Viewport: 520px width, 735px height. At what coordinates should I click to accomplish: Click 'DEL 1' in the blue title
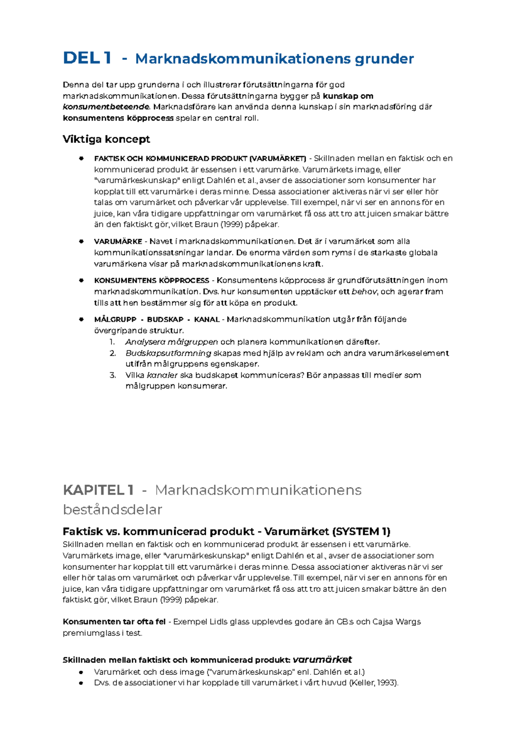[x=87, y=58]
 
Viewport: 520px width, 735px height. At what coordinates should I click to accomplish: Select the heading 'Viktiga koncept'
[x=106, y=139]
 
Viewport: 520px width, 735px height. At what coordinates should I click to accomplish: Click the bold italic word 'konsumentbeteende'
[x=106, y=107]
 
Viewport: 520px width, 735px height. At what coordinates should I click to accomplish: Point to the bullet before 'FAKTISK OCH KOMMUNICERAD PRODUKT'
[x=81, y=158]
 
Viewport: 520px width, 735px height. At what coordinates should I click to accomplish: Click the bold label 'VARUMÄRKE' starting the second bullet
[x=118, y=242]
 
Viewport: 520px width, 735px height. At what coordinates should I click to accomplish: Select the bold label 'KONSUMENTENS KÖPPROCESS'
[x=151, y=281]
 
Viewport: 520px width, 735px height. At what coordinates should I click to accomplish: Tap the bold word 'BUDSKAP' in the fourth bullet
[x=165, y=319]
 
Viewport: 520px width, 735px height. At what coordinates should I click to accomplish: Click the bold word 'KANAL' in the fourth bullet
[x=207, y=319]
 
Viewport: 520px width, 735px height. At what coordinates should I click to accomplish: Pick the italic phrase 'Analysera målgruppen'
[x=171, y=342]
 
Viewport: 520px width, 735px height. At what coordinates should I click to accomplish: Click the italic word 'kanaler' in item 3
[x=162, y=375]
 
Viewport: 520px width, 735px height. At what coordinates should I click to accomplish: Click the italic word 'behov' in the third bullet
[x=364, y=292]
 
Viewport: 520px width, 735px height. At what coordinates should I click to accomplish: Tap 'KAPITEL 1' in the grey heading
[x=98, y=490]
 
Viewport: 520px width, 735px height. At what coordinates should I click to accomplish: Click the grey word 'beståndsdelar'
[x=112, y=509]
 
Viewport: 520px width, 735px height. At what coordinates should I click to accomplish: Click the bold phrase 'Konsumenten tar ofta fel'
[x=114, y=622]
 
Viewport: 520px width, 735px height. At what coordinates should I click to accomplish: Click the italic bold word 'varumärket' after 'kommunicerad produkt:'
[x=322, y=660]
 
